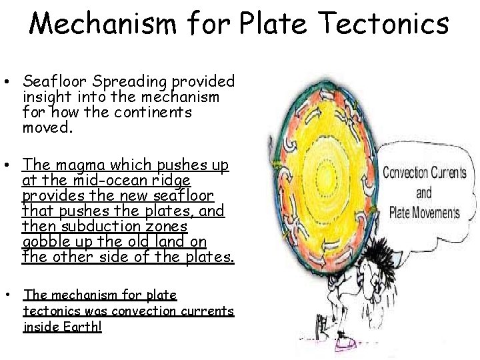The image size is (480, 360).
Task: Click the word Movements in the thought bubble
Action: pos(436,213)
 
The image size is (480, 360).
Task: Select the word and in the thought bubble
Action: pos(424,193)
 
